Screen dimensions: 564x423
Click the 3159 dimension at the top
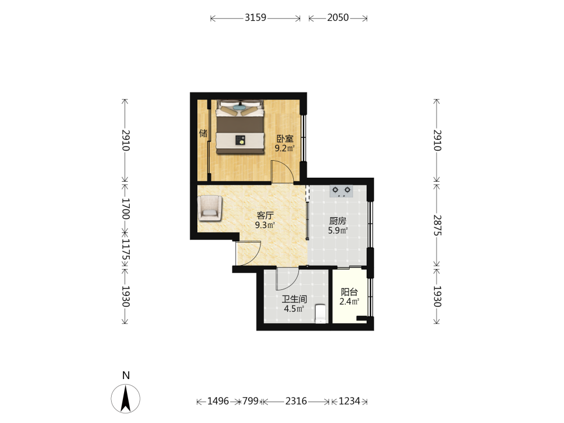coord(255,17)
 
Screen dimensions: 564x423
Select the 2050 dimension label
coord(338,17)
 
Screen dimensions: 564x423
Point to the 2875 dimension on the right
coord(437,225)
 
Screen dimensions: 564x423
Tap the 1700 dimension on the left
coord(125,209)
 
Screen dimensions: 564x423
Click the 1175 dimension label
coord(125,250)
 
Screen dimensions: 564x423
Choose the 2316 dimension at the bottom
coord(296,401)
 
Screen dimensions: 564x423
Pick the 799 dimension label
coord(250,401)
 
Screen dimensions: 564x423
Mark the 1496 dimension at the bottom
coord(218,401)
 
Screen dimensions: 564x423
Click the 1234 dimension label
coord(349,401)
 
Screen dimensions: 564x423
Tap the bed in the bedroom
coord(240,127)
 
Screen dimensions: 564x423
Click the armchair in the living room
coord(210,208)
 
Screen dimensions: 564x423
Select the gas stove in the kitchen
coord(341,191)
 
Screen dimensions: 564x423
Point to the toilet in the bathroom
coord(320,314)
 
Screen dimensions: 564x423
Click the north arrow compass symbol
coord(126,398)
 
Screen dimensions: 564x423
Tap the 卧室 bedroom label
coord(285,139)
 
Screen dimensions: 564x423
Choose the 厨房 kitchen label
coord(337,221)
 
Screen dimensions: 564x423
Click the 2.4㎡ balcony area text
coord(349,301)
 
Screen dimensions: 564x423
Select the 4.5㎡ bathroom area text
coord(294,309)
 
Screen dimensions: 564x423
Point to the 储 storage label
coord(203,134)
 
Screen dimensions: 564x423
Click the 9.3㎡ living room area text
coord(265,225)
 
